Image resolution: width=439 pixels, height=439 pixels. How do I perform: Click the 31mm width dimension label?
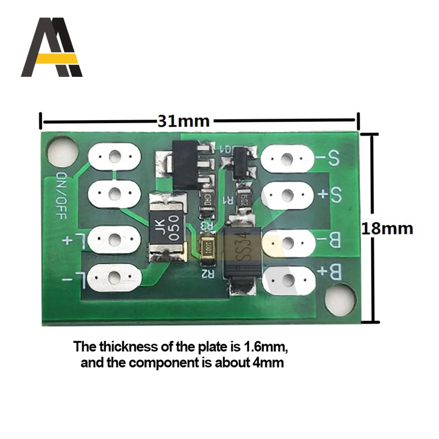[184, 120]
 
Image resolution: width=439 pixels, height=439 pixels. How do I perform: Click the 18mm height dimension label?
[387, 228]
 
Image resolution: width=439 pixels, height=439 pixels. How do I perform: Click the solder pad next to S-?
[287, 158]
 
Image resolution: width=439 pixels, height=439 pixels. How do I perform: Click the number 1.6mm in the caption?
[258, 347]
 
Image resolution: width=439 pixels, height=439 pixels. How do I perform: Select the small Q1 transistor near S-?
[243, 162]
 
